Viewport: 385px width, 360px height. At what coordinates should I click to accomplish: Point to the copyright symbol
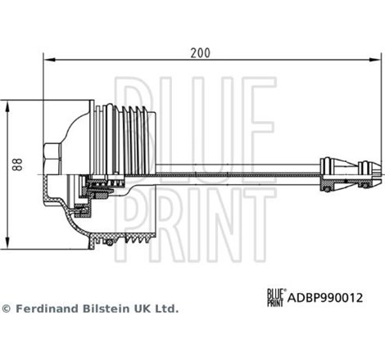(x=7, y=309)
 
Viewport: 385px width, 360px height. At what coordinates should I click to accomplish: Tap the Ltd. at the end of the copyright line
(x=167, y=309)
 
